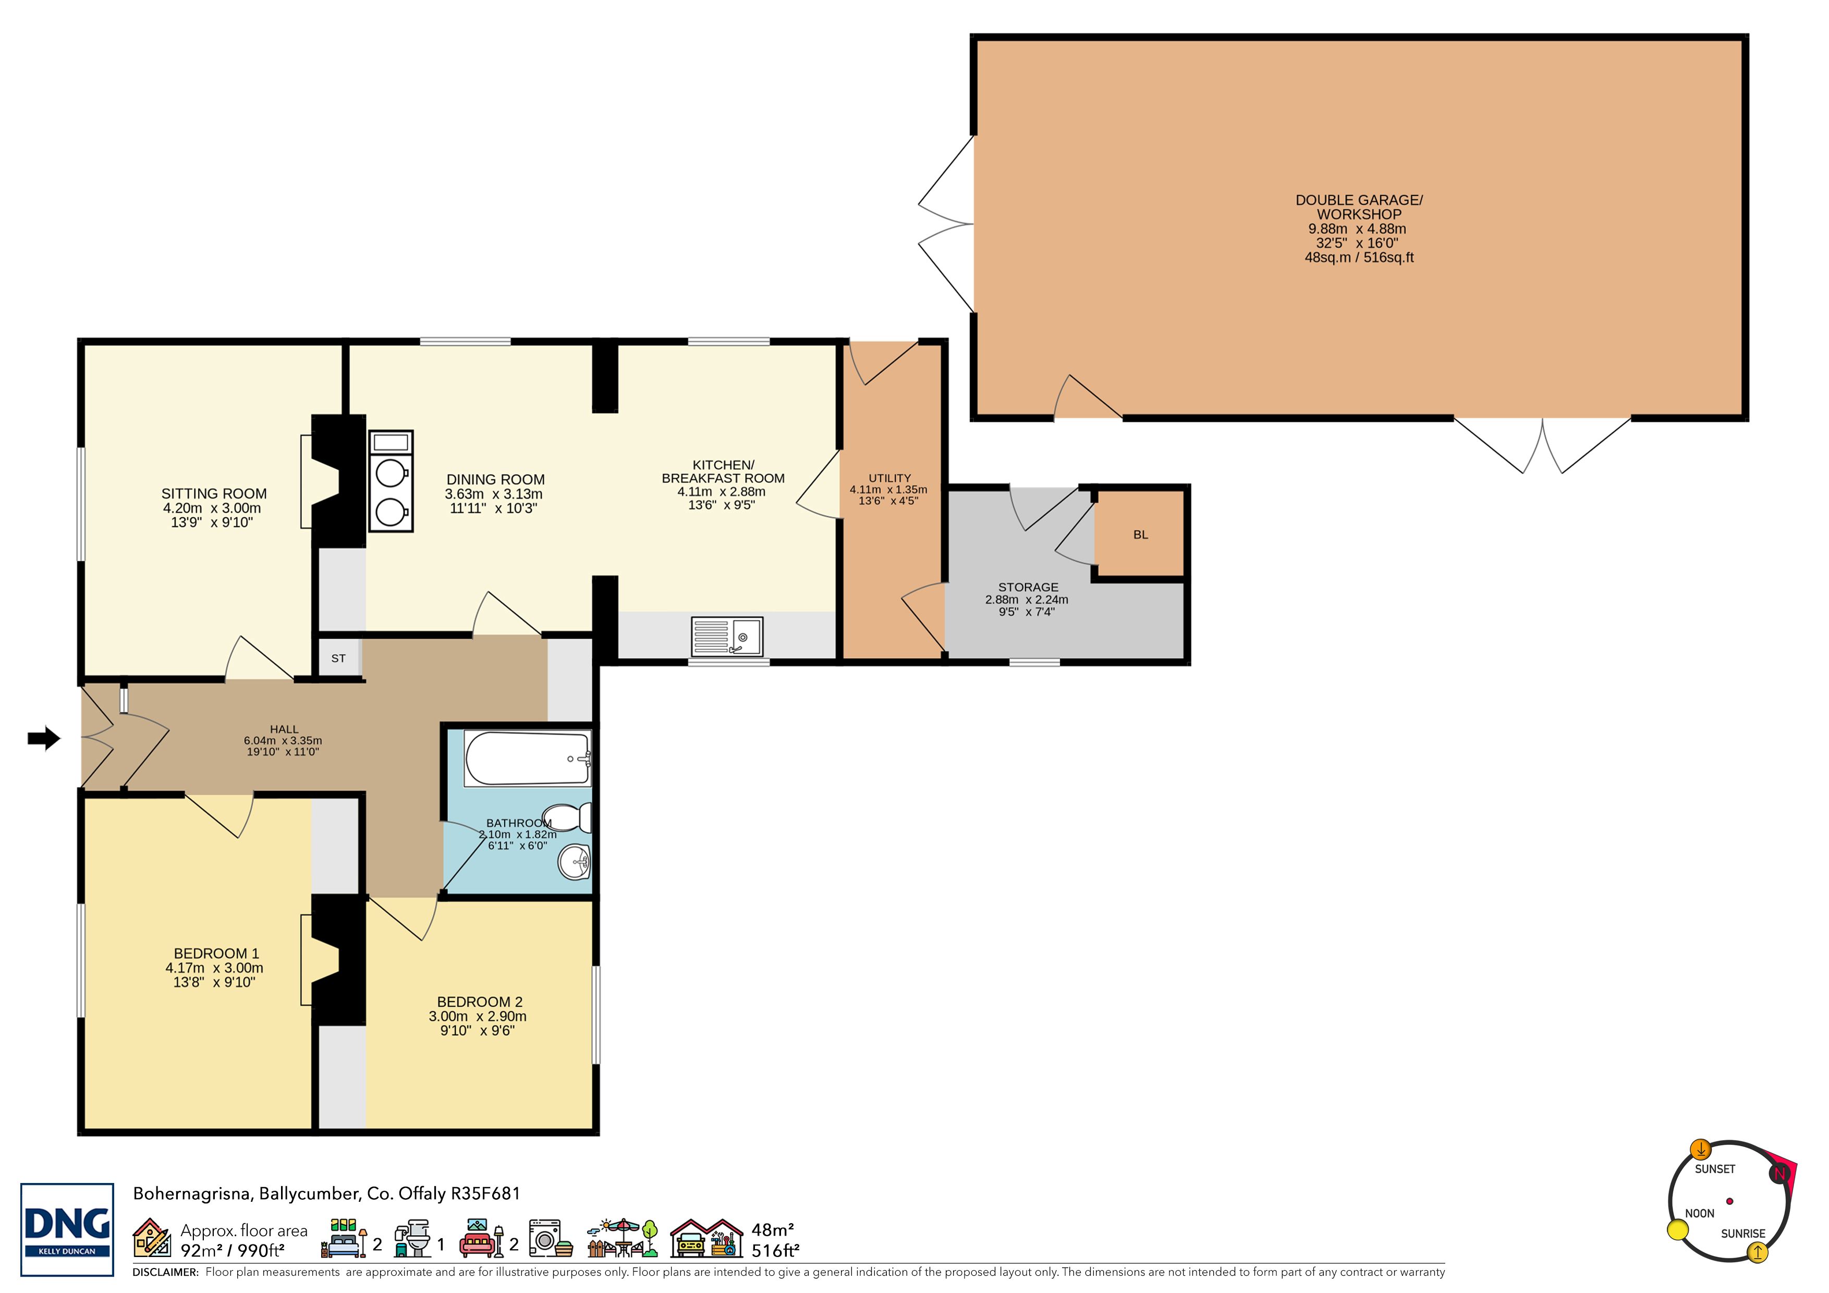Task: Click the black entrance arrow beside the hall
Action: tap(44, 738)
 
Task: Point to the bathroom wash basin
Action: tap(575, 861)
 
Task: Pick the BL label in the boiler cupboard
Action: tap(1141, 534)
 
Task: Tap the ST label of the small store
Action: tap(338, 658)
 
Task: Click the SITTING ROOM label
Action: tap(214, 494)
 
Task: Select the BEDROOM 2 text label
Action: tap(480, 1002)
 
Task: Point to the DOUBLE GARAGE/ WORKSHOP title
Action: tap(1359, 207)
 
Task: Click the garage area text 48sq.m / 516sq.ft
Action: tap(1359, 258)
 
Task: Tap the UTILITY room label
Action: tap(890, 478)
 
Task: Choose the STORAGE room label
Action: tap(1028, 587)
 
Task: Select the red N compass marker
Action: tap(1779, 1173)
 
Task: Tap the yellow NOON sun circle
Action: tap(1678, 1230)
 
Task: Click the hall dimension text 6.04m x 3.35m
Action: tap(283, 741)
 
